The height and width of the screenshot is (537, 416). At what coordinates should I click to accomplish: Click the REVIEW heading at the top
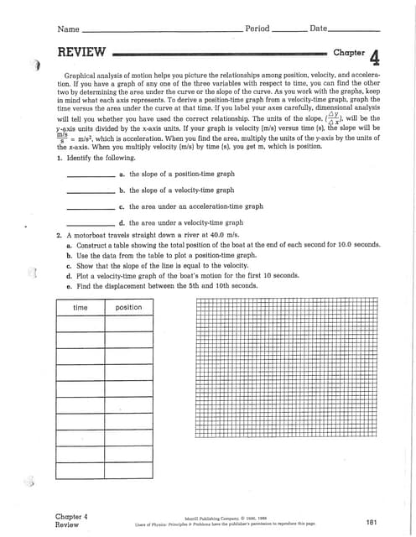pos(81,53)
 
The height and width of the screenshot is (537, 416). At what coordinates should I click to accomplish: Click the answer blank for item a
pos(90,176)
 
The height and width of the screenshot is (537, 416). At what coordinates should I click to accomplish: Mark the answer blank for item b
pos(90,192)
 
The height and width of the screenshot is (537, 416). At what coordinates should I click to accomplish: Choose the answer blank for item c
pos(90,208)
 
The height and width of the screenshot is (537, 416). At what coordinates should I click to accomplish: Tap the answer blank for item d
pos(90,224)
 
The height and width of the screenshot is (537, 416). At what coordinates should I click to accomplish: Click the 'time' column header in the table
pos(81,308)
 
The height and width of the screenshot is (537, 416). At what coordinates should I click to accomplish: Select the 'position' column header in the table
pos(128,308)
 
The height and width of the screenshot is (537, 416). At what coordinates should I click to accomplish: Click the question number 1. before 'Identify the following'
pos(59,158)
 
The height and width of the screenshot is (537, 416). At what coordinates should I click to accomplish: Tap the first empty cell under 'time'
pos(81,324)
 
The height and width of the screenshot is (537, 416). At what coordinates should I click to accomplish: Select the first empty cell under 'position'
pos(128,324)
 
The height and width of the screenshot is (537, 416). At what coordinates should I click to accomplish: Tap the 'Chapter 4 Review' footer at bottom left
pos(71,520)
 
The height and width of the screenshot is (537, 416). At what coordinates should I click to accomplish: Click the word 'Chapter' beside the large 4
pos(349,53)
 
